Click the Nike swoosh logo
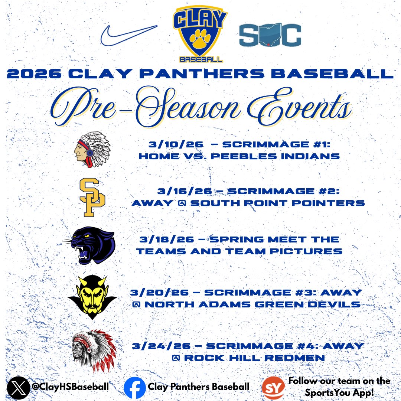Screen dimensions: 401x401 click(x=128, y=36)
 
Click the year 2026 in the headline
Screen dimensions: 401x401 click(x=33, y=74)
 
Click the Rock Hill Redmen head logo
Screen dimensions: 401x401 click(x=94, y=351)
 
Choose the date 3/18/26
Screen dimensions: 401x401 click(x=161, y=240)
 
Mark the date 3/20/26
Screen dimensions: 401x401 click(x=152, y=293)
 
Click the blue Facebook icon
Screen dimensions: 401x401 click(x=134, y=388)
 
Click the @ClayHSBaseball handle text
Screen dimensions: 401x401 click(x=70, y=387)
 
